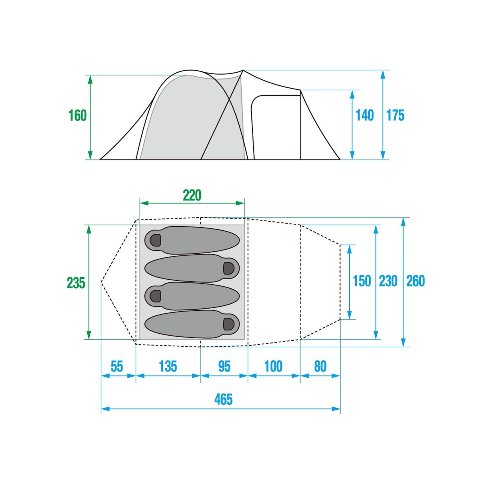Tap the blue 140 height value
click(x=365, y=115)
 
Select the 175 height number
click(x=395, y=115)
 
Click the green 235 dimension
click(x=76, y=283)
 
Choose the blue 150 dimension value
click(x=362, y=281)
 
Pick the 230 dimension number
click(x=388, y=281)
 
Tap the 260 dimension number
click(x=416, y=281)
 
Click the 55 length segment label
click(x=117, y=367)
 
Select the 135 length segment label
click(x=168, y=367)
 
